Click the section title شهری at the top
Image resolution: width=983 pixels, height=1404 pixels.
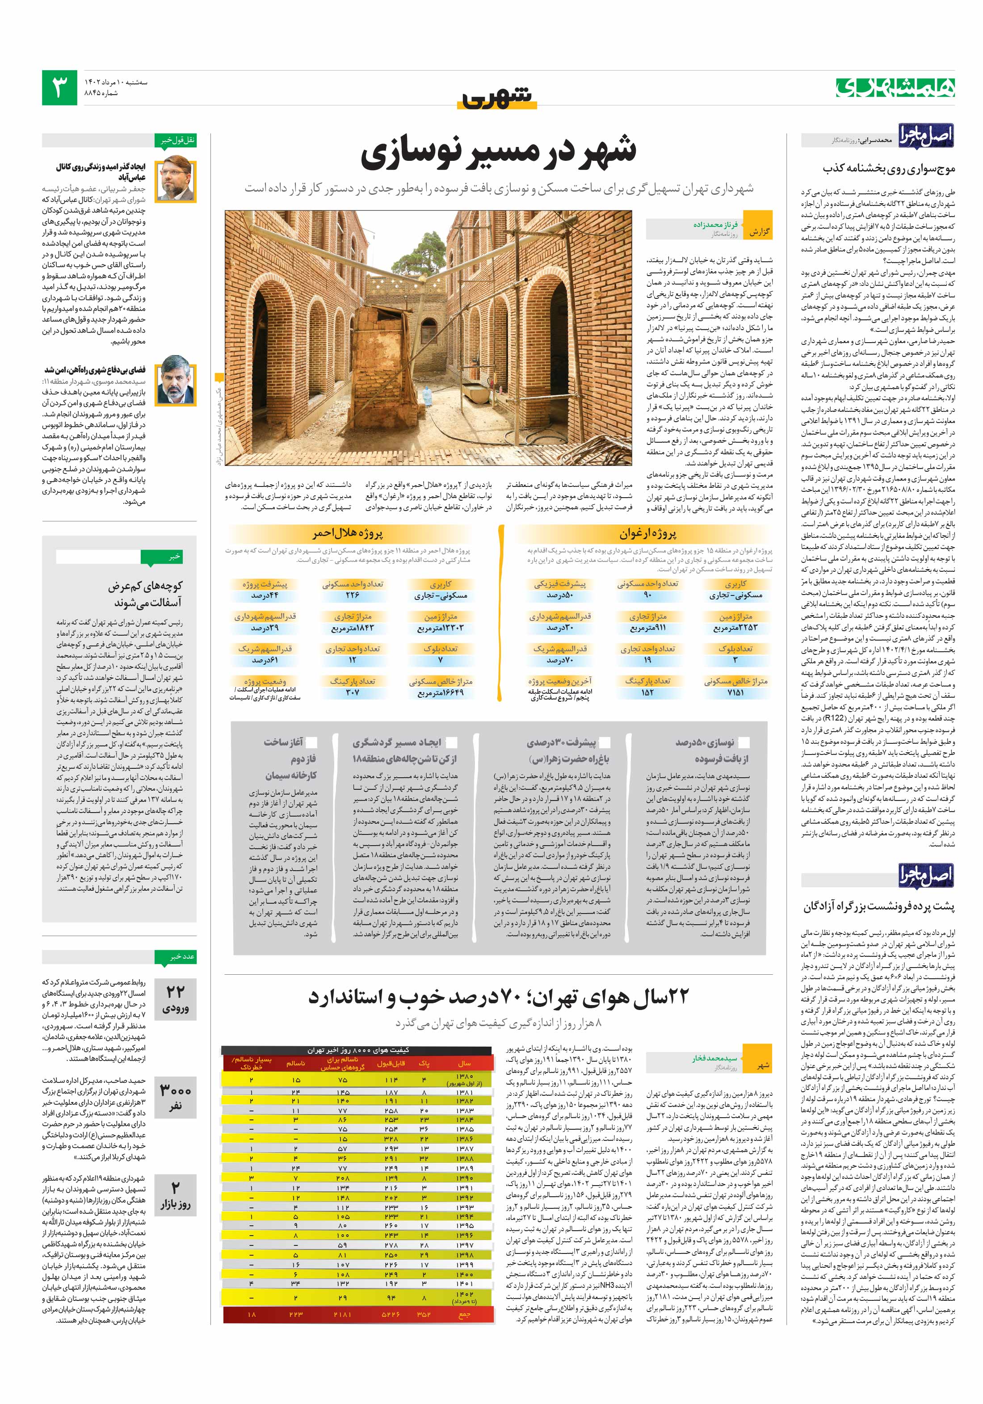tap(497, 97)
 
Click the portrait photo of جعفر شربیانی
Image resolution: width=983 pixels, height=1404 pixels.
tap(176, 180)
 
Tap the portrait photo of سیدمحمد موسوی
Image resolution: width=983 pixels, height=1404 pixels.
tap(176, 385)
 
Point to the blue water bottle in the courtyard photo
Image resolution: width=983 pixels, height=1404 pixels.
tap(428, 396)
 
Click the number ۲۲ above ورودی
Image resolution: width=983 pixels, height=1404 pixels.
tap(175, 991)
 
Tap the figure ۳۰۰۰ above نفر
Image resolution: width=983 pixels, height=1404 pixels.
tap(175, 1090)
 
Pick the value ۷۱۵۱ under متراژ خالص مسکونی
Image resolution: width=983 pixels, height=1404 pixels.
tap(735, 692)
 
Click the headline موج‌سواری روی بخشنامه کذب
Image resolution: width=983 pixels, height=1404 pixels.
tap(888, 168)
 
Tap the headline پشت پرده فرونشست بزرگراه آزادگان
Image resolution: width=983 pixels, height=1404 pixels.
tap(879, 906)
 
